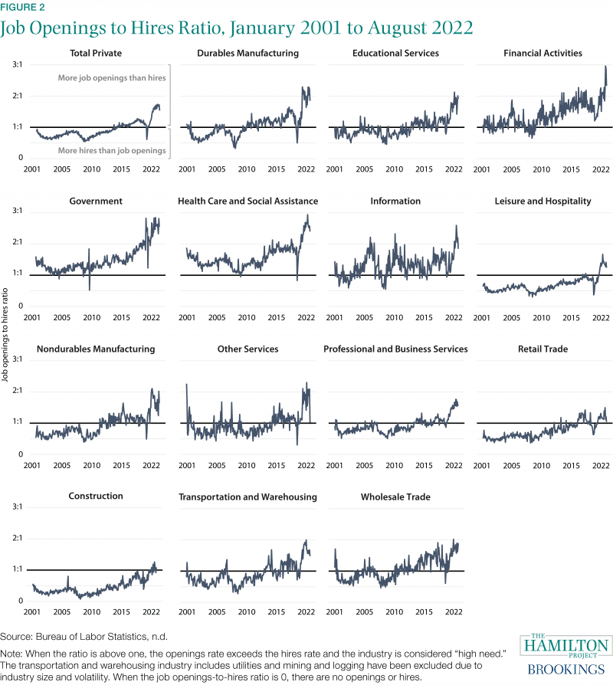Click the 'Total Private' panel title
pos(95,54)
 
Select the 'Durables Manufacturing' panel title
pos(247,54)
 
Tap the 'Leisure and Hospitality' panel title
pos(543,202)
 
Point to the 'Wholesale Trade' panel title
pos(395,497)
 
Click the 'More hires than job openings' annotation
pos(112,150)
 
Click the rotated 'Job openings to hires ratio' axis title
pos(7,335)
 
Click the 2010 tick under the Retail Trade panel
pos(542,464)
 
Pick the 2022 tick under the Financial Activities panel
pos(601,169)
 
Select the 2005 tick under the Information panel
pos(365,316)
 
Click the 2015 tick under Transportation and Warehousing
pos(276,612)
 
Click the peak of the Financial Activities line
pos(605,67)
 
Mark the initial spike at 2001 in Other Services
pos(186,385)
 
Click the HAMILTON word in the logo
pos(566,647)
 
